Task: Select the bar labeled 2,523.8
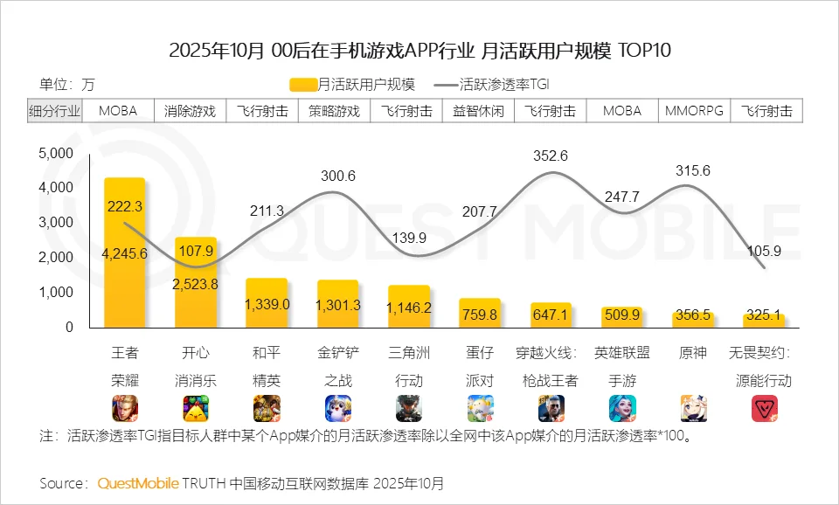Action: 196,283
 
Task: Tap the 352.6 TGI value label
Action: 551,156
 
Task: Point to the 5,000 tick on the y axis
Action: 56,153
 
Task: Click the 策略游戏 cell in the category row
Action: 334,111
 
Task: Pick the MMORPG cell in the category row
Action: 694,111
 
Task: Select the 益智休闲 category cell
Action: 478,111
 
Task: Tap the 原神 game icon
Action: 694,408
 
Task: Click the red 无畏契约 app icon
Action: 765,408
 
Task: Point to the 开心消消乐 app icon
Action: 196,408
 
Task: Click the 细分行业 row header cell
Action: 54,111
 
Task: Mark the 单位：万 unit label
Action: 66,85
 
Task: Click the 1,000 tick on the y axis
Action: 56,292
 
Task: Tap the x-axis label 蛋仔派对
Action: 480,367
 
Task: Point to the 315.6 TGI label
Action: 693,171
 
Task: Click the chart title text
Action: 419,50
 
